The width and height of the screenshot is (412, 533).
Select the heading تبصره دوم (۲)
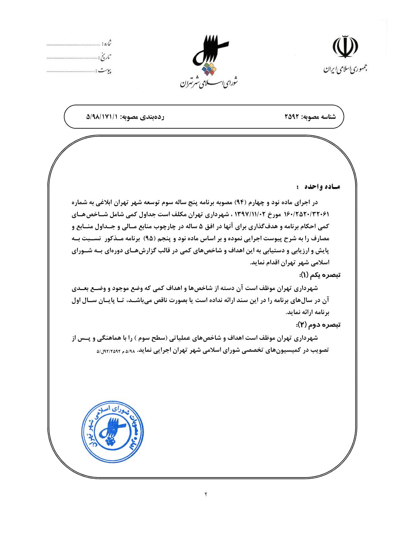(x=318, y=325)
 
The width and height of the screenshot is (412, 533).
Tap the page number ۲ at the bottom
(x=206, y=494)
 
